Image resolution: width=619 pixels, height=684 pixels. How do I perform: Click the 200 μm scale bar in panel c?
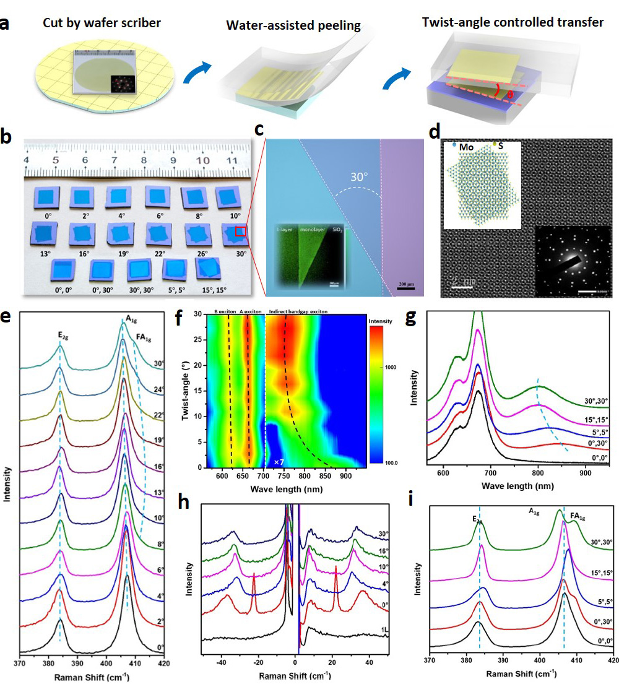pyautogui.click(x=406, y=285)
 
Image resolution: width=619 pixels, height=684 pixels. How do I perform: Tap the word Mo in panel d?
pyautogui.click(x=465, y=148)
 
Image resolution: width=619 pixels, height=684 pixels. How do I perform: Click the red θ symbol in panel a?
pyautogui.click(x=509, y=95)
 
